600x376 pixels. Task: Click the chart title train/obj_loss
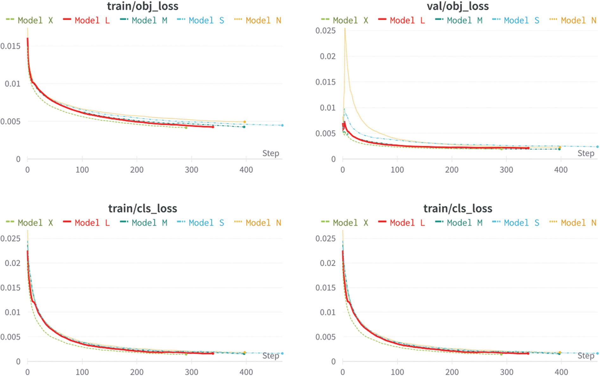142,6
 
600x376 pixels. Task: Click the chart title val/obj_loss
458,6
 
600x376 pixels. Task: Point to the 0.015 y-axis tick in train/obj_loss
10,46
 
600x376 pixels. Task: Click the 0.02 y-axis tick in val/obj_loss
327,56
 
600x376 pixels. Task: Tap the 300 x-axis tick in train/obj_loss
191,170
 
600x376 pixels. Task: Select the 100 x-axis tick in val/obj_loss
397,170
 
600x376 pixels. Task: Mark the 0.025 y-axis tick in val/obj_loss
325,31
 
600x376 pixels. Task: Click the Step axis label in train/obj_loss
270,153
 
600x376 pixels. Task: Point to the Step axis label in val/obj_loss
585,153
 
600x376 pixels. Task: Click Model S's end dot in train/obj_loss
282,125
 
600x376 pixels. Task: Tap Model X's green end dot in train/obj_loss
186,128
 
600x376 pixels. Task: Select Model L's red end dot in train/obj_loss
213,127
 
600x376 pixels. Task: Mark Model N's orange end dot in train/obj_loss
245,122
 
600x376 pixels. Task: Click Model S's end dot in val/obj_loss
597,147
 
